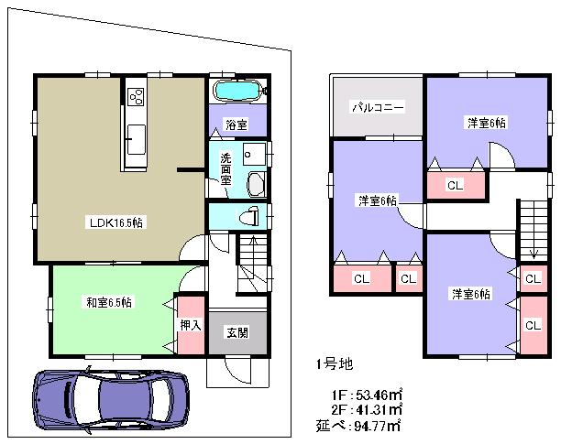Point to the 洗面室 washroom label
[225, 168]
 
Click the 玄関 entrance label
[236, 332]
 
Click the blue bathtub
[236, 92]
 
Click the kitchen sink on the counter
[136, 140]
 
